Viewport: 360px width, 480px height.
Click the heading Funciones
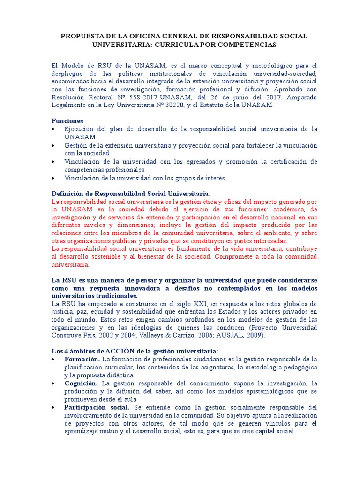tap(67, 120)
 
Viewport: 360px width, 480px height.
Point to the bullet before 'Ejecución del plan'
tap(55, 129)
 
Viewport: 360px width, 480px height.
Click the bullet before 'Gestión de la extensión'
tap(55, 145)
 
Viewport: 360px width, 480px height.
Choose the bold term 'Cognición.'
tap(81, 383)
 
